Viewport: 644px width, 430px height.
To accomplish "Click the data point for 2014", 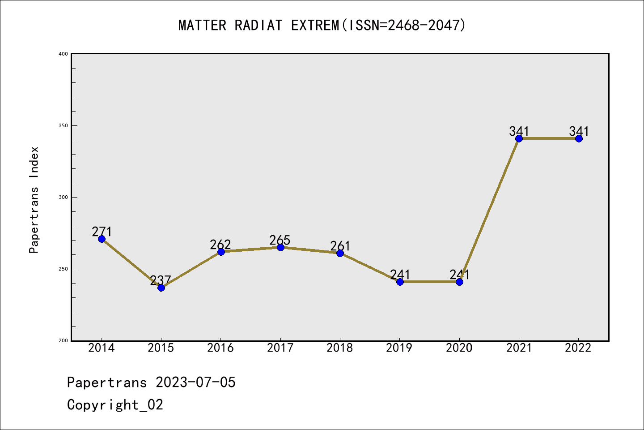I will tap(102, 239).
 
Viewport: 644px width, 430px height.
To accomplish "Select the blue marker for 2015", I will tap(161, 288).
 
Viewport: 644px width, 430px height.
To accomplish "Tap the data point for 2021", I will tap(519, 138).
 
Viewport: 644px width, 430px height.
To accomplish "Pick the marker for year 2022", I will tap(579, 138).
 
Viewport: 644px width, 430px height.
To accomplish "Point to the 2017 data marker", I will tap(280, 247).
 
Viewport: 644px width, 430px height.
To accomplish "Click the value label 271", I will tap(102, 232).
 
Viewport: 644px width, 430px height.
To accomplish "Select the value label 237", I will tap(161, 280).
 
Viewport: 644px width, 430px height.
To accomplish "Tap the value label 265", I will tap(280, 240).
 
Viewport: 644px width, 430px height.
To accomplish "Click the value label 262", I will tap(220, 245).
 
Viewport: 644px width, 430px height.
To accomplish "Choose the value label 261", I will tap(340, 246).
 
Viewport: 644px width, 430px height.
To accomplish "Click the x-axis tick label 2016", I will tap(220, 348).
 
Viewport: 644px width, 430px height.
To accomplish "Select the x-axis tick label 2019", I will tap(399, 348).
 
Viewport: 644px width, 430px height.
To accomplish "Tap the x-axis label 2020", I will tap(459, 348).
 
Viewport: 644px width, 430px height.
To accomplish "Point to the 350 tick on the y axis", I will tap(64, 125).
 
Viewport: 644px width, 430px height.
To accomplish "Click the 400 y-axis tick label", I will tap(64, 54).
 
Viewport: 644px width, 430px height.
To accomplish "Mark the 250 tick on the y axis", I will tap(64, 269).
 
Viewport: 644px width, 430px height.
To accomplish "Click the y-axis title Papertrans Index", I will tap(34, 200).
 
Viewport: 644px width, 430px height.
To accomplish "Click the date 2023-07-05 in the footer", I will tap(195, 383).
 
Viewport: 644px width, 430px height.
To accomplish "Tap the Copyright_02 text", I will tap(115, 405).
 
